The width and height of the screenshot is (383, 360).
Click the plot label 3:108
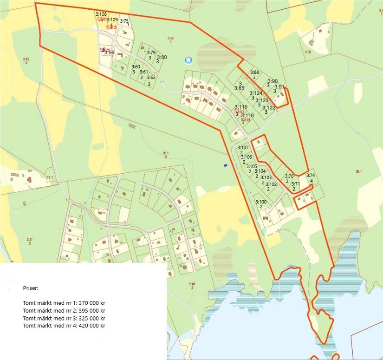pos(101,14)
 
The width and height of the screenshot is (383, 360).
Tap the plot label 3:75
pos(124,21)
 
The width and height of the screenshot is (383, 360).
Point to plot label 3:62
pos(151,78)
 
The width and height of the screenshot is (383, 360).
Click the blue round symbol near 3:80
pos(188,60)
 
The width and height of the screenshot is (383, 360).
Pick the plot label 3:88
pos(254,72)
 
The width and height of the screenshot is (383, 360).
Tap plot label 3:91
pos(279,87)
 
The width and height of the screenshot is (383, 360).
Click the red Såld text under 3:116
pos(246,120)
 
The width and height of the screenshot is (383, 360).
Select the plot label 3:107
pos(243,148)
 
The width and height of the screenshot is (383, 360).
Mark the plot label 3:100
pos(261,202)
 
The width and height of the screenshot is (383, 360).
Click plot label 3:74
pos(311,175)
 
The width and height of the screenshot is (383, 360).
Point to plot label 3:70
pos(289,176)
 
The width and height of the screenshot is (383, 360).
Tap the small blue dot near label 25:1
pos(225,165)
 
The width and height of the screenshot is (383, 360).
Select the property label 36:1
pos(358,171)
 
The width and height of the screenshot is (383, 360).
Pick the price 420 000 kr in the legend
pos(91,326)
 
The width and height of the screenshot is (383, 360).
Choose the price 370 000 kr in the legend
pos(91,303)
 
